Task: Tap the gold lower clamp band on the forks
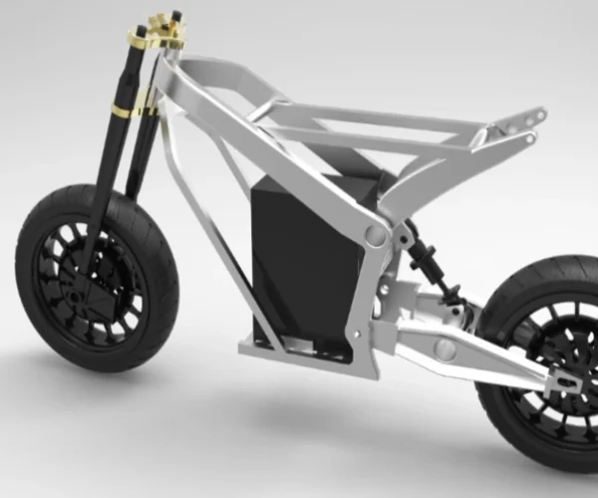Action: pos(120,109)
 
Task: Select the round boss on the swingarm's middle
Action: pos(446,349)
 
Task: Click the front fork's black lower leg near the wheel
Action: pos(96,239)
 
